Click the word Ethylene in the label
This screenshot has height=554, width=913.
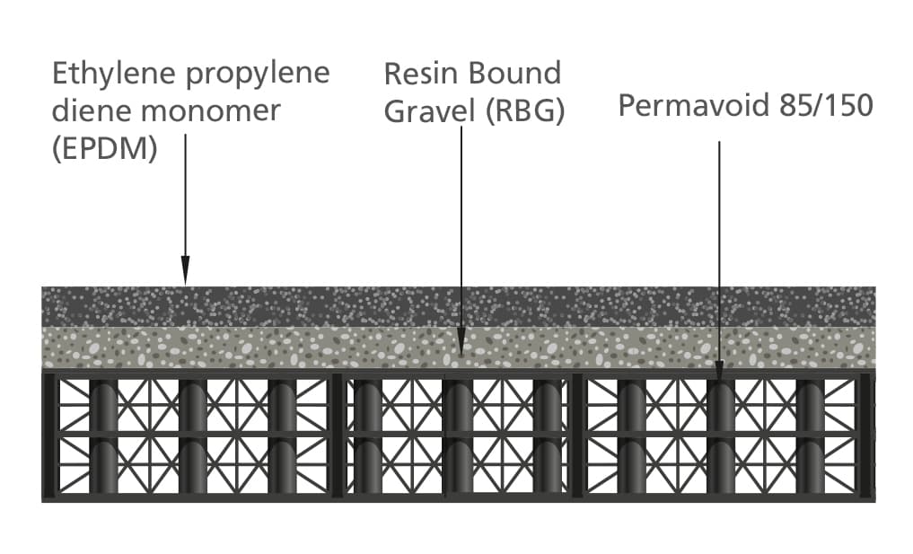(x=113, y=74)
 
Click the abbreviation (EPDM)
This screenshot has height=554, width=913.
(x=105, y=149)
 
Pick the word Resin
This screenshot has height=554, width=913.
(x=421, y=74)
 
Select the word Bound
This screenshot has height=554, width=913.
(x=514, y=74)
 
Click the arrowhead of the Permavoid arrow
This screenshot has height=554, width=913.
(x=719, y=371)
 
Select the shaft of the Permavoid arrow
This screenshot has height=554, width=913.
(x=719, y=251)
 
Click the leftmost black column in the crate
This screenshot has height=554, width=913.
(x=103, y=437)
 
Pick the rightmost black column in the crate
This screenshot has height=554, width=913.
(x=811, y=437)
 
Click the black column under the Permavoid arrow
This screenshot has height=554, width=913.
(x=721, y=437)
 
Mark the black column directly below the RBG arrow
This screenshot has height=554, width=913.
(x=458, y=437)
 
